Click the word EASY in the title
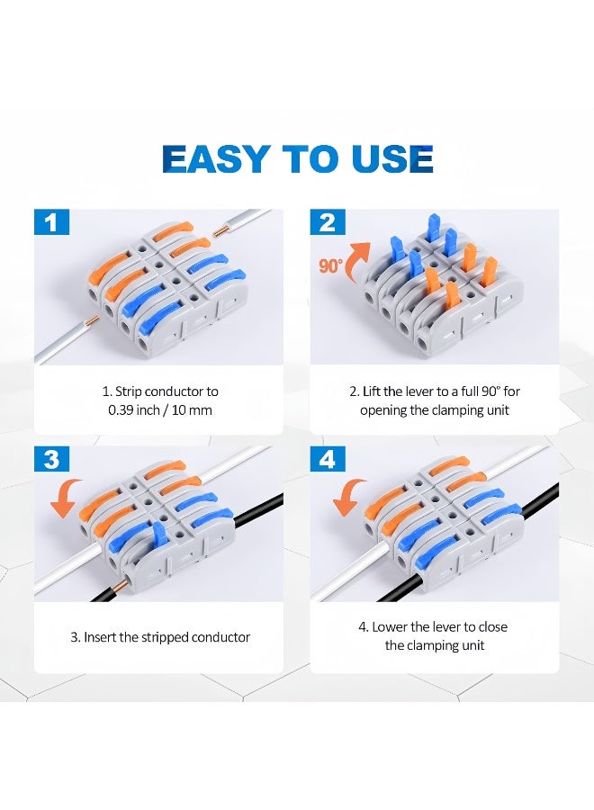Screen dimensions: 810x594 [x=216, y=158]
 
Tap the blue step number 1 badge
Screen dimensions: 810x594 [x=51, y=222]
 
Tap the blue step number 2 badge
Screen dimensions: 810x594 [x=328, y=222]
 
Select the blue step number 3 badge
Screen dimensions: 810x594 [x=51, y=460]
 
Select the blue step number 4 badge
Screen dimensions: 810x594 [x=328, y=460]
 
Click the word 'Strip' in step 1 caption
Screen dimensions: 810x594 [x=132, y=391]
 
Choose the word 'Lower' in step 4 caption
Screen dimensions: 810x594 [x=391, y=626]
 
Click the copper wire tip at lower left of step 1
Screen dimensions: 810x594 [x=91, y=321]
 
